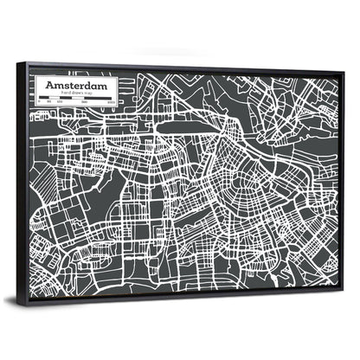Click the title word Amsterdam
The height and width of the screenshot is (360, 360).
(x=76, y=87)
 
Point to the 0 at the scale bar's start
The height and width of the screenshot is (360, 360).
(x=40, y=101)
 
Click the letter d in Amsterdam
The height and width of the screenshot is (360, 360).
(x=85, y=87)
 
